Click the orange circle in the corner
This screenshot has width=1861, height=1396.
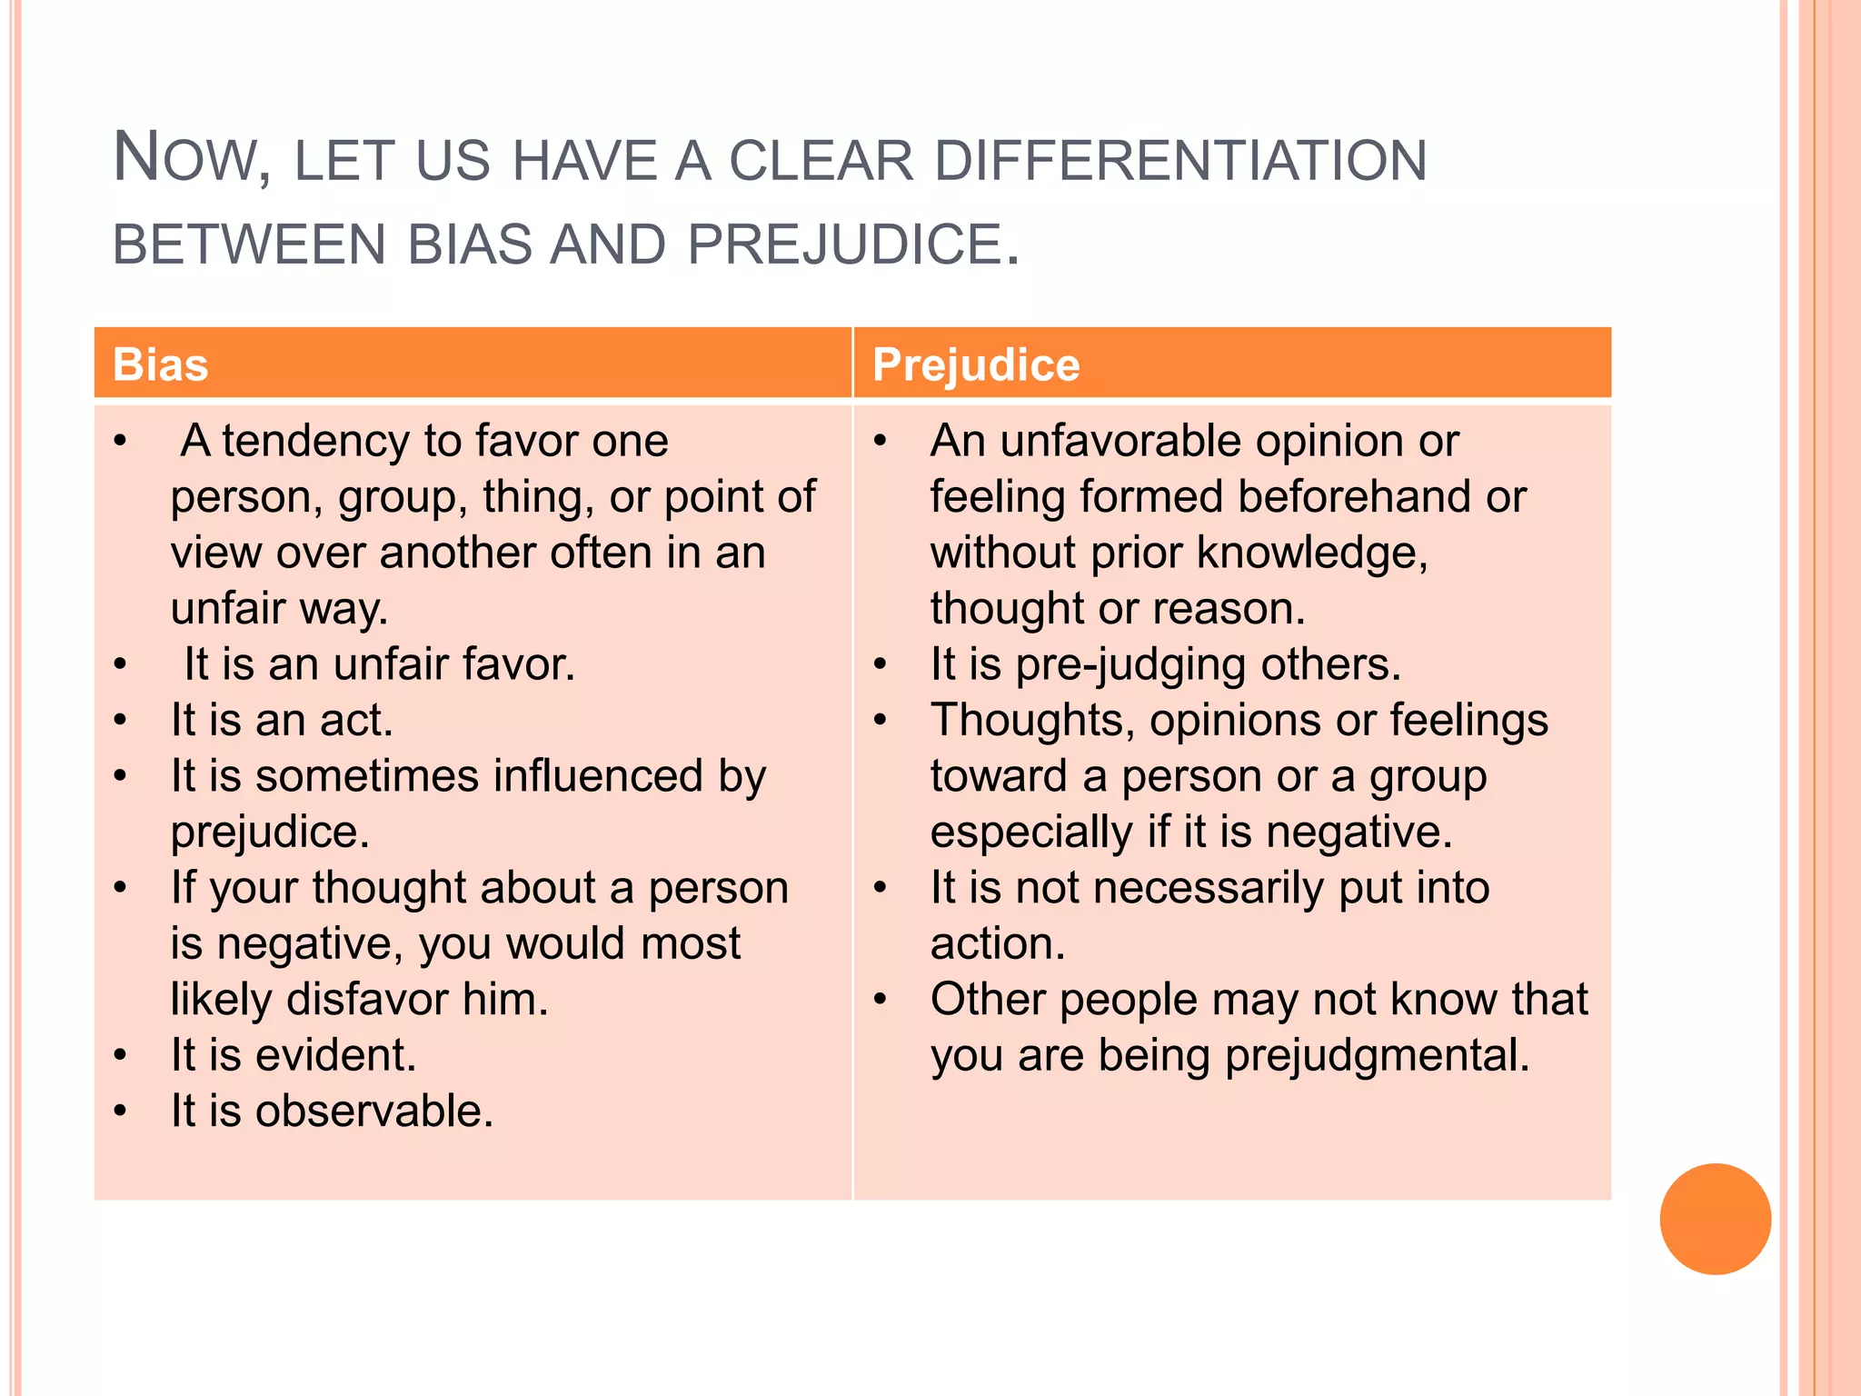(1715, 1219)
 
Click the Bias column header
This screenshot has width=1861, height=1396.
(160, 364)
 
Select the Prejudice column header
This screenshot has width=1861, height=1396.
(976, 364)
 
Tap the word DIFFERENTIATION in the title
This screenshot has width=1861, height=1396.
(1179, 161)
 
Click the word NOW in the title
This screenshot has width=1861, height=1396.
(191, 158)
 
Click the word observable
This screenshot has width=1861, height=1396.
(373, 1111)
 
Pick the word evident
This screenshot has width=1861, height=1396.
(335, 1055)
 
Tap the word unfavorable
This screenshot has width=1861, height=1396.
(1120, 441)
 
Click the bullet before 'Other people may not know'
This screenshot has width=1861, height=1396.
(880, 999)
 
